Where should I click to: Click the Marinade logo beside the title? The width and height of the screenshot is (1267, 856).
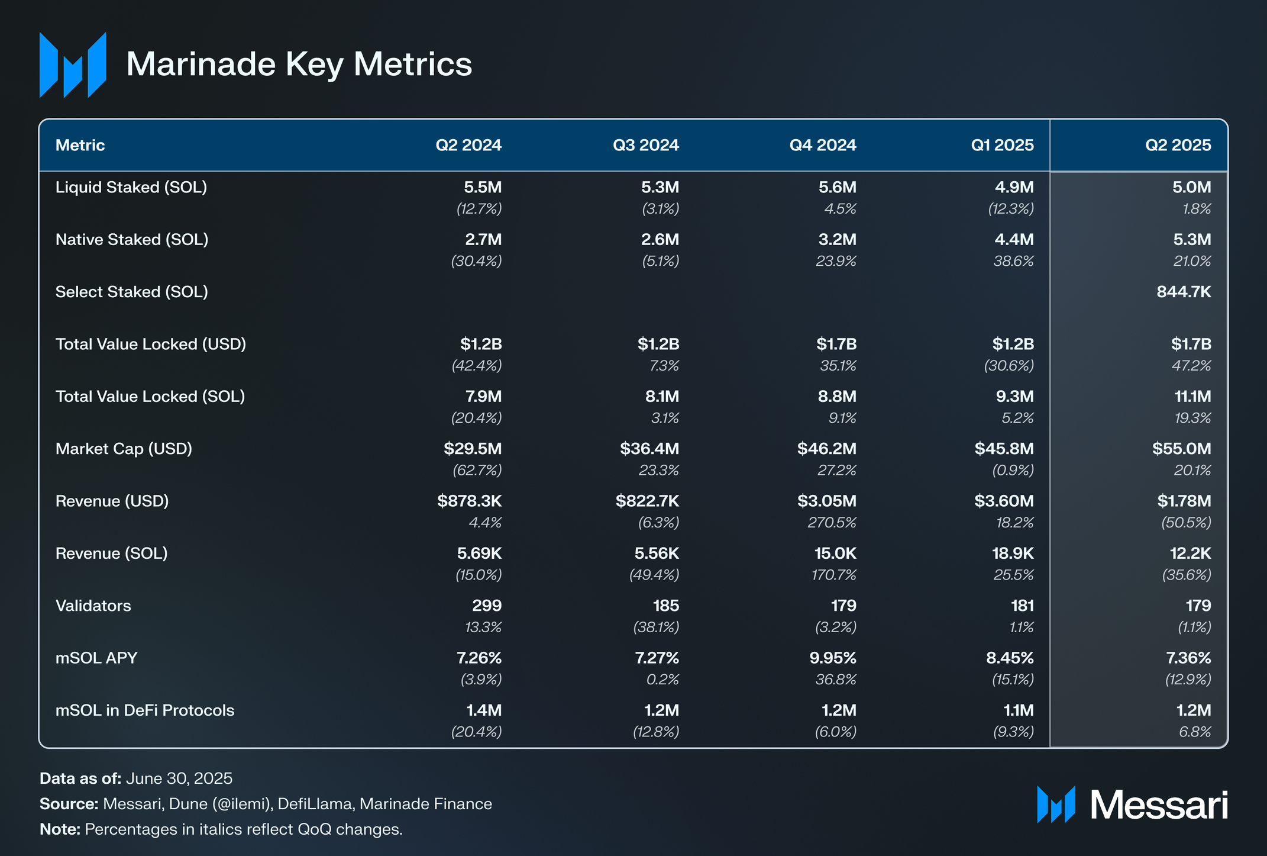(73, 65)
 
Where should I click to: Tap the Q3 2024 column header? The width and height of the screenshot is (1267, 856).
(645, 145)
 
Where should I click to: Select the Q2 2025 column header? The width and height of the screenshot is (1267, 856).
(1178, 145)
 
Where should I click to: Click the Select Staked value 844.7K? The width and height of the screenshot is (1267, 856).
(1184, 292)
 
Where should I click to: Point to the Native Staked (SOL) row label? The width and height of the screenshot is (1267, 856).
(132, 240)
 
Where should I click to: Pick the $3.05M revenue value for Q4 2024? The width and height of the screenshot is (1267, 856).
(826, 501)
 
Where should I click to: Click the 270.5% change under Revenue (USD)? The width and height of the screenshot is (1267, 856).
(832, 523)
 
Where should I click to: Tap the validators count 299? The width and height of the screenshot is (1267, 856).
(487, 606)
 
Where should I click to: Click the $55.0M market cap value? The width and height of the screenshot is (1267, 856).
(1181, 449)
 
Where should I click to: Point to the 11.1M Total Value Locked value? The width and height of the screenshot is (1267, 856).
(1192, 397)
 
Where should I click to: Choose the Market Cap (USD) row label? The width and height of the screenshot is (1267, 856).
(124, 449)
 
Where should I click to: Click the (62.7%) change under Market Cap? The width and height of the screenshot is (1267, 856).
(477, 470)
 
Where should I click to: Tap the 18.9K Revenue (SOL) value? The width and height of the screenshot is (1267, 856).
(1013, 553)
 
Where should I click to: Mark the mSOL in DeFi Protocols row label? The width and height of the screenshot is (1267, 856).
(145, 710)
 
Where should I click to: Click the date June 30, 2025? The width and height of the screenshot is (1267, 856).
(179, 778)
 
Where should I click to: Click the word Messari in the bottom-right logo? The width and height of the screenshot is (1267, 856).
(1159, 805)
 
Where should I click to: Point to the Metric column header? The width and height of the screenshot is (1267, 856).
(80, 145)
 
